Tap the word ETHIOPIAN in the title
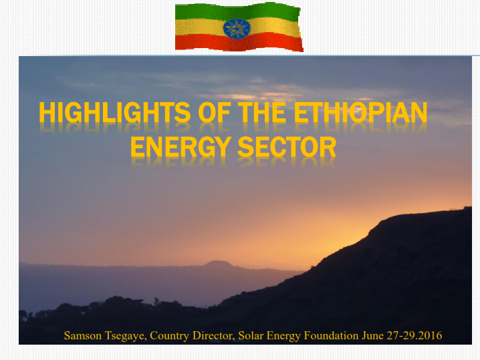(x=360, y=112)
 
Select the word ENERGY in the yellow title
(x=181, y=147)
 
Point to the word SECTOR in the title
(x=287, y=147)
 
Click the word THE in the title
(x=262, y=112)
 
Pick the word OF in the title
(x=215, y=112)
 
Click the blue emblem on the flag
(x=237, y=29)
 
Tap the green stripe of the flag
(x=237, y=11)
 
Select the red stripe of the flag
(x=239, y=42)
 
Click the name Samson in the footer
(x=83, y=335)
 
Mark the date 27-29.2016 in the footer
(x=414, y=335)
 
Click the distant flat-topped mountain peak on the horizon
(x=218, y=264)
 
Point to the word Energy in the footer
(x=283, y=336)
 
